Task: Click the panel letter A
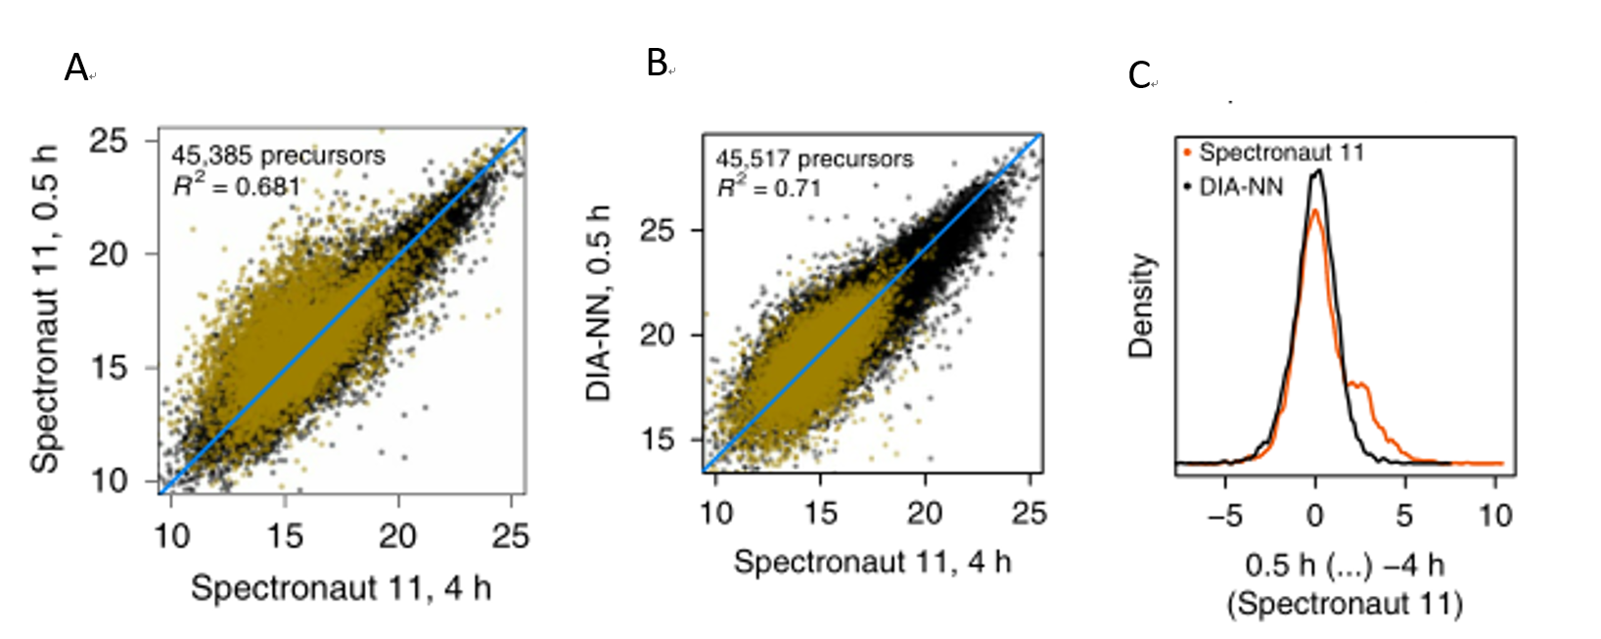point(76,68)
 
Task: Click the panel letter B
point(657,64)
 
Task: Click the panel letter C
point(1139,75)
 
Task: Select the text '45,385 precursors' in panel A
point(278,156)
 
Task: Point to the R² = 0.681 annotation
point(236,185)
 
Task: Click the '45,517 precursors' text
point(814,160)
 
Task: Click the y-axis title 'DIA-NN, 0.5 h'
point(598,302)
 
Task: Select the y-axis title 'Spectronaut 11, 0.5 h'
point(44,309)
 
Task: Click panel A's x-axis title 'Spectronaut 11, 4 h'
point(341,588)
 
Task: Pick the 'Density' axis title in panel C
point(1141,305)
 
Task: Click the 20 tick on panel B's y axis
point(658,335)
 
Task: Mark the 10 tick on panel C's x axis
point(1494,515)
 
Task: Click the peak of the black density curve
point(1318,171)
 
